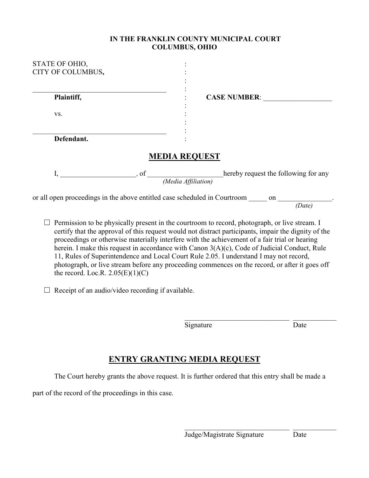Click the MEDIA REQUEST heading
click(x=184, y=157)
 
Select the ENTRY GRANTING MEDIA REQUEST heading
click(x=184, y=359)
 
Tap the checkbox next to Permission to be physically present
click(x=47, y=223)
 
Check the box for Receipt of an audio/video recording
click(x=47, y=290)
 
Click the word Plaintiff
click(x=68, y=98)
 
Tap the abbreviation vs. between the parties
click(x=58, y=114)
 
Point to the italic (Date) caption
click(x=304, y=206)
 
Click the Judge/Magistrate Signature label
click(x=224, y=435)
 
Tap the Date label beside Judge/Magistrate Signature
click(x=299, y=435)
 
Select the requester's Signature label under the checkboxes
click(x=198, y=325)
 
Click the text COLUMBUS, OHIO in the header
click(x=184, y=47)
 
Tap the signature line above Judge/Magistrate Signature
click(x=237, y=429)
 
